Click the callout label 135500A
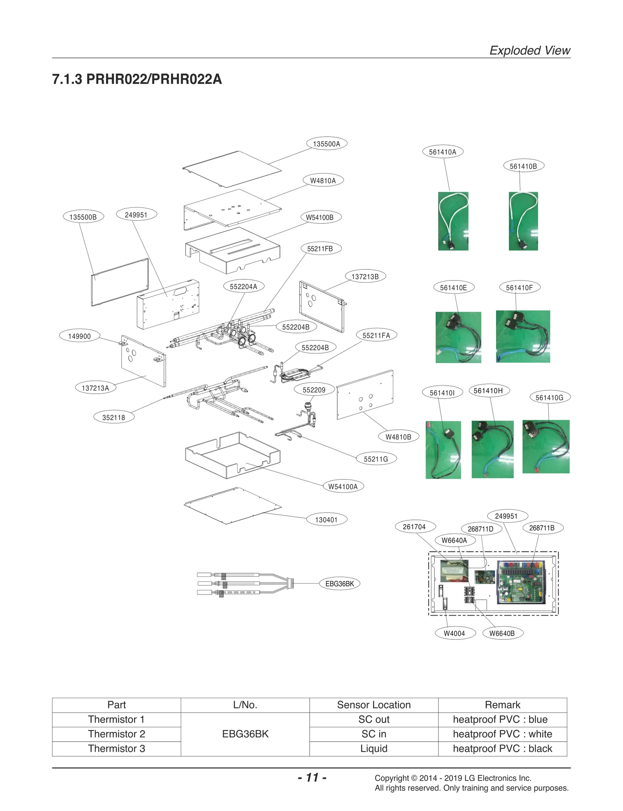point(326,144)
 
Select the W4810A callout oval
point(323,181)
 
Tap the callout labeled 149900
point(79,336)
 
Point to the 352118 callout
point(114,418)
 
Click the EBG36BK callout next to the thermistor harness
point(339,584)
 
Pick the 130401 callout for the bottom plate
point(326,520)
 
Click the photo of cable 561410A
point(453,221)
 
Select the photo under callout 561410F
point(523,337)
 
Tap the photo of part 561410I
point(443,450)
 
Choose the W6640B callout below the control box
point(502,634)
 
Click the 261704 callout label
point(414,527)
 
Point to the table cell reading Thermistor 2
point(116,734)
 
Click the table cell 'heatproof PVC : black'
point(502,749)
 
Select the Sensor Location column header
point(373,705)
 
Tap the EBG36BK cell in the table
point(245,734)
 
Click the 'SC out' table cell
point(373,720)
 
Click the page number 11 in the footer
point(312,778)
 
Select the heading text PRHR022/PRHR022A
point(154,79)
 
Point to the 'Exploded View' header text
point(529,51)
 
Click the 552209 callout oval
point(314,390)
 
